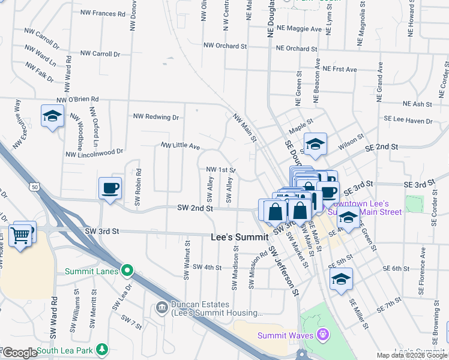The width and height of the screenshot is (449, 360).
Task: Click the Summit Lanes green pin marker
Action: (127, 271)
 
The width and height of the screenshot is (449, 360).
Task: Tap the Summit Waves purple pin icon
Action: (323, 334)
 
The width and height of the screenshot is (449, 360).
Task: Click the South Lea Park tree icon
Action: (103, 349)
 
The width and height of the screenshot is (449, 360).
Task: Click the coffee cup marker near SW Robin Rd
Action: (110, 188)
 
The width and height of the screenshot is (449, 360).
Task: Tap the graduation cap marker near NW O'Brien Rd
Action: (52, 116)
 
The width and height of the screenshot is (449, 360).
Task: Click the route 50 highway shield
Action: (35, 188)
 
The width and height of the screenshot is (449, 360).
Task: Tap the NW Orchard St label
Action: (225, 46)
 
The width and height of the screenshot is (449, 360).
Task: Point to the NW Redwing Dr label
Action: (156, 117)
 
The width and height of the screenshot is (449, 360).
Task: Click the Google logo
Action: (19, 352)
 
